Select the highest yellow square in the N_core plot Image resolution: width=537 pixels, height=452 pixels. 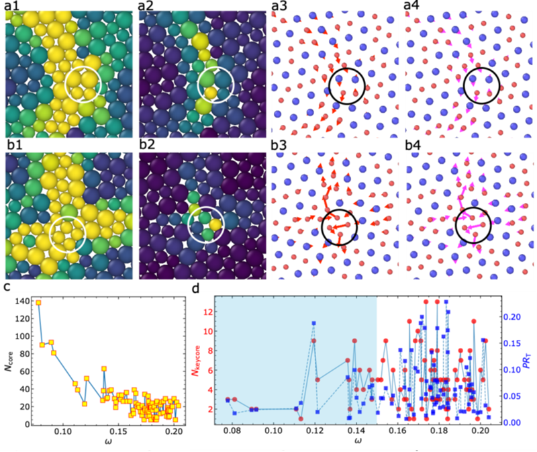[38, 303]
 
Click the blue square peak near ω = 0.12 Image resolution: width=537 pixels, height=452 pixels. [313, 324]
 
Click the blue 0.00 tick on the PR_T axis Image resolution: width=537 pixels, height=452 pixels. [510, 422]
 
